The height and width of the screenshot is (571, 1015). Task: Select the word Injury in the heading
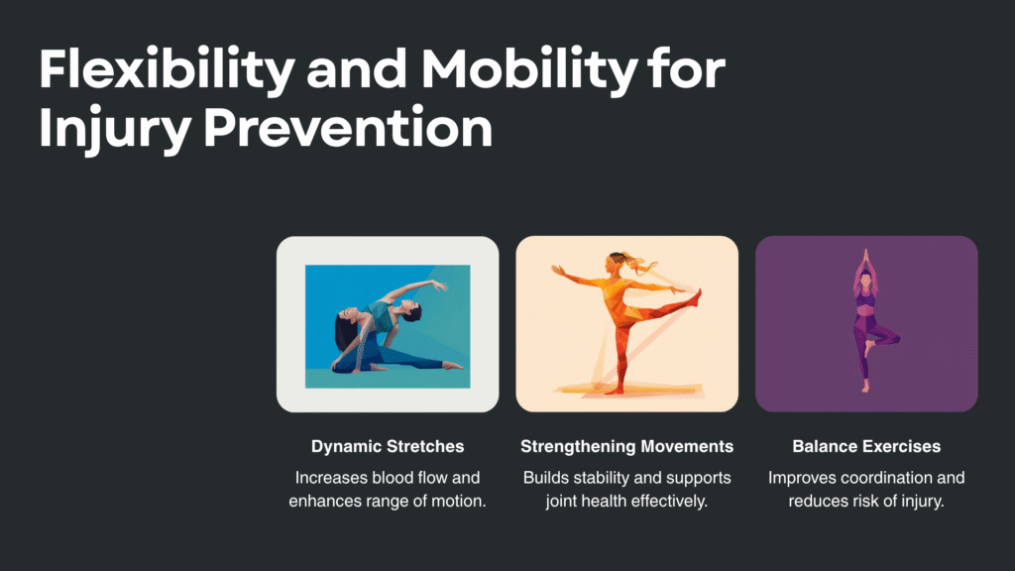(115, 128)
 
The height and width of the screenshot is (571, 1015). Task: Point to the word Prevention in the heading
(348, 127)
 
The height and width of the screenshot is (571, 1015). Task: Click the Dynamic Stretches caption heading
(388, 446)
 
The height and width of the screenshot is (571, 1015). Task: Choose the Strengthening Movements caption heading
(626, 446)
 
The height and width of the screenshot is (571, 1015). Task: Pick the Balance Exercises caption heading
(866, 446)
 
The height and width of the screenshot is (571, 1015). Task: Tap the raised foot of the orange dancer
(696, 298)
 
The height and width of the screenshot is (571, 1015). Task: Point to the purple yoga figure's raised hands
(865, 255)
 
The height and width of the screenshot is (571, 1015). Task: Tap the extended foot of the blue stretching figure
(454, 366)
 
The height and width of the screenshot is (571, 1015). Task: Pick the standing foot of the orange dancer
(613, 391)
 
